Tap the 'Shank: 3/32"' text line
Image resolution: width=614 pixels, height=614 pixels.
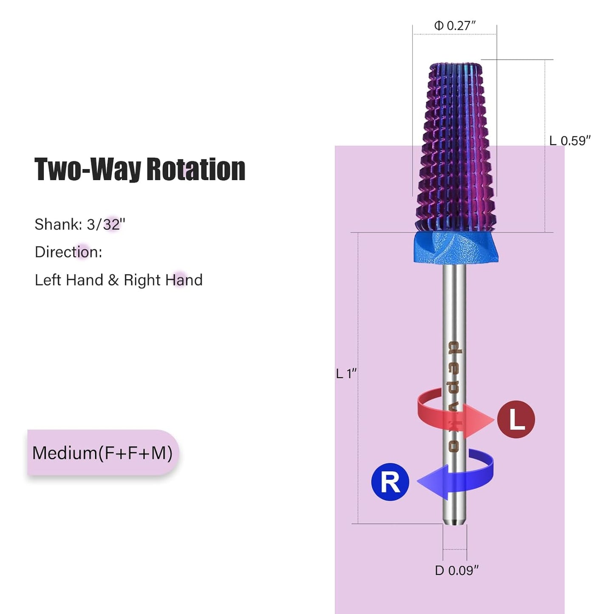[80, 224]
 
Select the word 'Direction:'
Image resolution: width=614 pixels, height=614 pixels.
[68, 252]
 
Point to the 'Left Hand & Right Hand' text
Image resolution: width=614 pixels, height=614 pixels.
[119, 280]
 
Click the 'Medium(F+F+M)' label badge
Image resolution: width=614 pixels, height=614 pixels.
[103, 453]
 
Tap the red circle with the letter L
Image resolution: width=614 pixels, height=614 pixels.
[516, 420]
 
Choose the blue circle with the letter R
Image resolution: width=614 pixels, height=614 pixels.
[390, 482]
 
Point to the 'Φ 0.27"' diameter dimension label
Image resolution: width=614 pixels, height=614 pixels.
[455, 25]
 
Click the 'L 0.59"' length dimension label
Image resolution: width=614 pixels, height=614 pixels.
[570, 141]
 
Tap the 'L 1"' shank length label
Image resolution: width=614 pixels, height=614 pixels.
[346, 373]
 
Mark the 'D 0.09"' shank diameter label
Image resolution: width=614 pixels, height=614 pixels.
[457, 571]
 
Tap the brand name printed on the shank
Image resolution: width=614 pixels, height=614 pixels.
[454, 397]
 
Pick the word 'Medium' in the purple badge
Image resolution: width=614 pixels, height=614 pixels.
[64, 453]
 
